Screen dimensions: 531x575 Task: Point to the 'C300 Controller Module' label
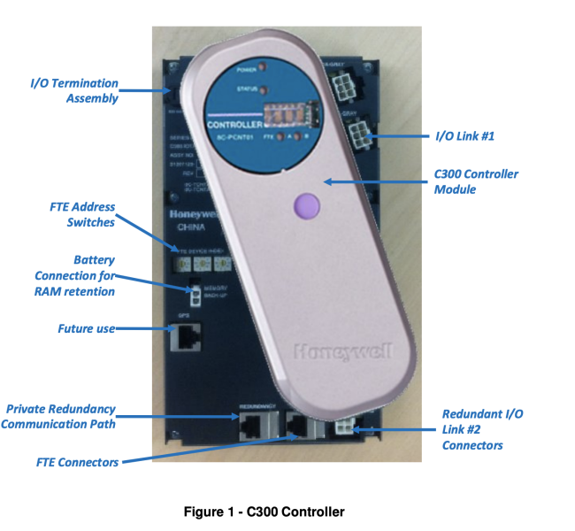(x=477, y=181)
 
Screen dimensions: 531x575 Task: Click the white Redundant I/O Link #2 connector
(x=342, y=429)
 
